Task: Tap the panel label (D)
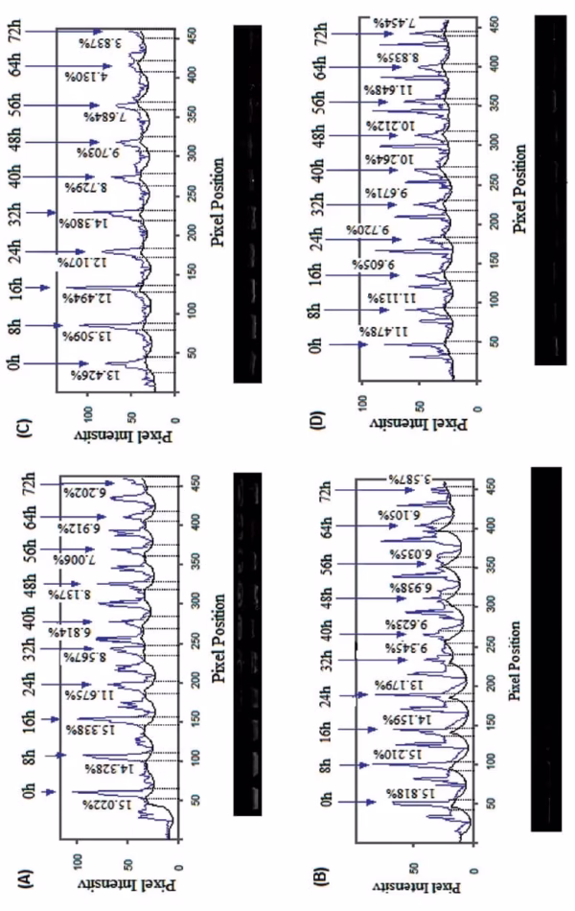315,415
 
